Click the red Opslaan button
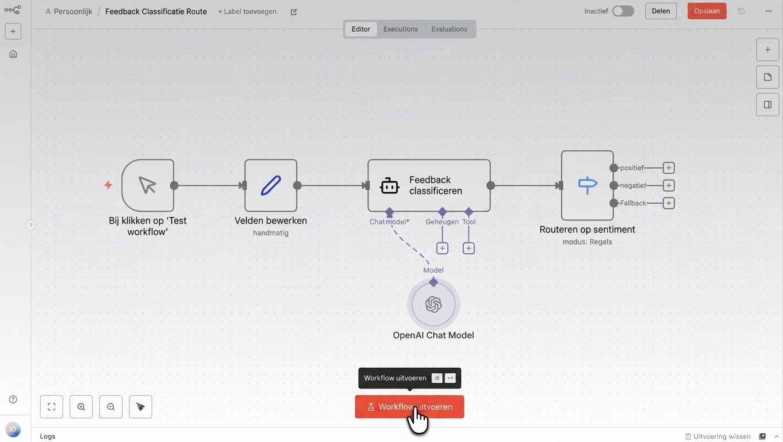click(x=707, y=11)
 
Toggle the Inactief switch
click(x=623, y=11)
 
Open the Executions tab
click(x=401, y=29)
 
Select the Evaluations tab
click(x=449, y=29)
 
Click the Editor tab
click(x=360, y=29)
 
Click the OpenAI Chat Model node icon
click(x=433, y=304)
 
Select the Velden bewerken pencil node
click(x=271, y=185)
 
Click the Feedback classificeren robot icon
click(x=389, y=185)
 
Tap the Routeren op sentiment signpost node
click(x=588, y=185)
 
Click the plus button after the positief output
click(x=669, y=168)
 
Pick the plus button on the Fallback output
click(x=669, y=203)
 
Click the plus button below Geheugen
click(x=442, y=249)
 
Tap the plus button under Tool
click(x=469, y=249)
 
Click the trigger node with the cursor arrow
click(x=148, y=185)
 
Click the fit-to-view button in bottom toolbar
click(x=51, y=407)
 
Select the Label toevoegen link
click(x=247, y=12)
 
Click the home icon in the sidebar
click(x=13, y=54)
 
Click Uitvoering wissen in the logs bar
click(x=717, y=436)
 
